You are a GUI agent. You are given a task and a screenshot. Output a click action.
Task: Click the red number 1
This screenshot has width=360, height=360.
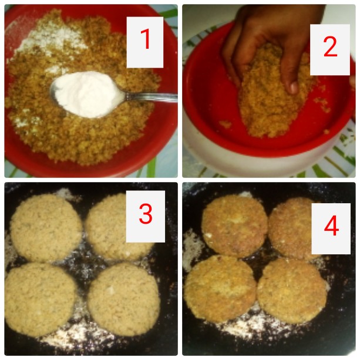pyautogui.click(x=145, y=39)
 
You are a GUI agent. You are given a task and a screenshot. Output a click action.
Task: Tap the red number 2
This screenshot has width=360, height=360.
pyautogui.click(x=330, y=47)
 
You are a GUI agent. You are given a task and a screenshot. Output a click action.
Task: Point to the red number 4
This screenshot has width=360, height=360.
pyautogui.click(x=331, y=226)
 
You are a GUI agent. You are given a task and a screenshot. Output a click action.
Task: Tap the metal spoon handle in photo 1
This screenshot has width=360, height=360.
pyautogui.click(x=151, y=97)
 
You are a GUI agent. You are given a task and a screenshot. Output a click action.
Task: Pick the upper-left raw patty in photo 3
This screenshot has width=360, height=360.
pyautogui.click(x=46, y=228)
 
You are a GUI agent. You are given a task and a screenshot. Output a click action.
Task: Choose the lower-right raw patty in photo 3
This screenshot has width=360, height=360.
pyautogui.click(x=123, y=299)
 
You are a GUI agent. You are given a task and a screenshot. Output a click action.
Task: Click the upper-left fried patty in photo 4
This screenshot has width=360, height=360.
pyautogui.click(x=235, y=226)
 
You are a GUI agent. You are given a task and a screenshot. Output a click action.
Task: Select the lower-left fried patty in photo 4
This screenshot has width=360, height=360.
pyautogui.click(x=220, y=288)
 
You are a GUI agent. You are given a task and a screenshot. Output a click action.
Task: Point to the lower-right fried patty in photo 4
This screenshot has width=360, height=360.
pyautogui.click(x=292, y=291)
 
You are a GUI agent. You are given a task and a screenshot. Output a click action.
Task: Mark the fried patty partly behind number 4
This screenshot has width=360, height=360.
pyautogui.click(x=291, y=228)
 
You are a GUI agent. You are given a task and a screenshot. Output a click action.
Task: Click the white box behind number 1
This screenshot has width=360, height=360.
pyautogui.click(x=145, y=42)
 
